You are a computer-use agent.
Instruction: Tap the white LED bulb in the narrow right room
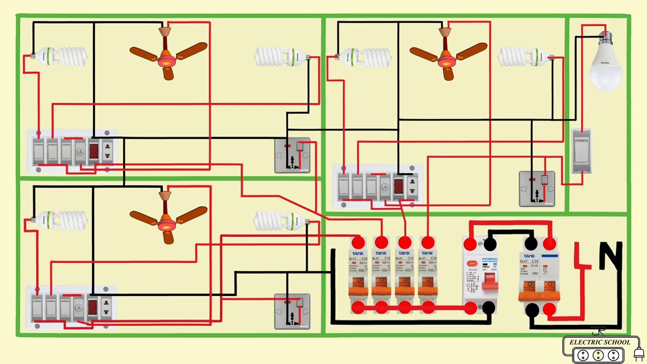pyautogui.click(x=605, y=63)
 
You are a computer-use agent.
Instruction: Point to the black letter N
pyautogui.click(x=611, y=256)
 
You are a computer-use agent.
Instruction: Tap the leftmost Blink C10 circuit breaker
pyautogui.click(x=358, y=276)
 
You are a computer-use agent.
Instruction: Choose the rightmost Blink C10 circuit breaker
pyautogui.click(x=428, y=276)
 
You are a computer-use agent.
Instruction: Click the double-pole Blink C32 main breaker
pyautogui.click(x=539, y=276)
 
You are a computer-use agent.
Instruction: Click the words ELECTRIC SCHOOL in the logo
pyautogui.click(x=599, y=342)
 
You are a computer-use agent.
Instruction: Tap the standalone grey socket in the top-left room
pyautogui.click(x=292, y=155)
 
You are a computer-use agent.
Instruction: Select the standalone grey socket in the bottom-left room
pyautogui.click(x=292, y=311)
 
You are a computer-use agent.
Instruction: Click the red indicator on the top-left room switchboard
pyautogui.click(x=94, y=151)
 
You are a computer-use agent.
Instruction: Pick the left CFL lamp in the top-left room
pyautogui.click(x=61, y=56)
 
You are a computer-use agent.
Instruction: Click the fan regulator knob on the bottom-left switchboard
pyautogui.click(x=79, y=305)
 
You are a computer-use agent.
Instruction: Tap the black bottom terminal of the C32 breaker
pyautogui.click(x=532, y=310)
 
